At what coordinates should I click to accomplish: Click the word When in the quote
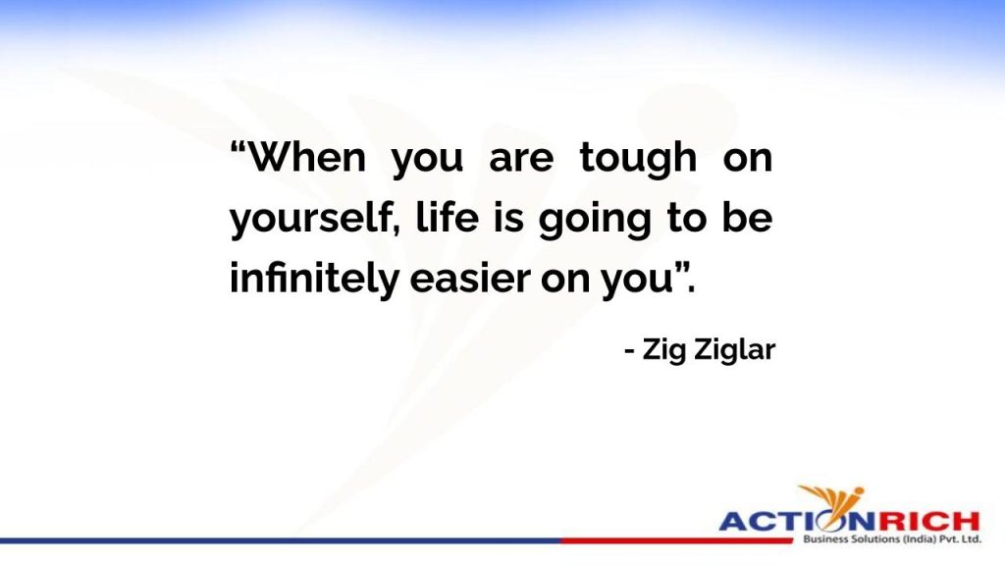307,157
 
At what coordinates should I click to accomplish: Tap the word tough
638,159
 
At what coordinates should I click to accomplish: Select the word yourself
310,218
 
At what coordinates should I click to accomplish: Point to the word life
448,217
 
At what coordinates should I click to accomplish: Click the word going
594,220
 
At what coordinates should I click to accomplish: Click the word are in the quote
521,160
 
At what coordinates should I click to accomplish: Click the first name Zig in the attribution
663,350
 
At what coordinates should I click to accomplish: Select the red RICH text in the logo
928,520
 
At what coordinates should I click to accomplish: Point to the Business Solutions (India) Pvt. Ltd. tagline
891,539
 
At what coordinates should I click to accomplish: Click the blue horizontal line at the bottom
281,541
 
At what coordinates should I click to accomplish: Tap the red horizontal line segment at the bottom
677,541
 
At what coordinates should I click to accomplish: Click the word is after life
507,218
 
